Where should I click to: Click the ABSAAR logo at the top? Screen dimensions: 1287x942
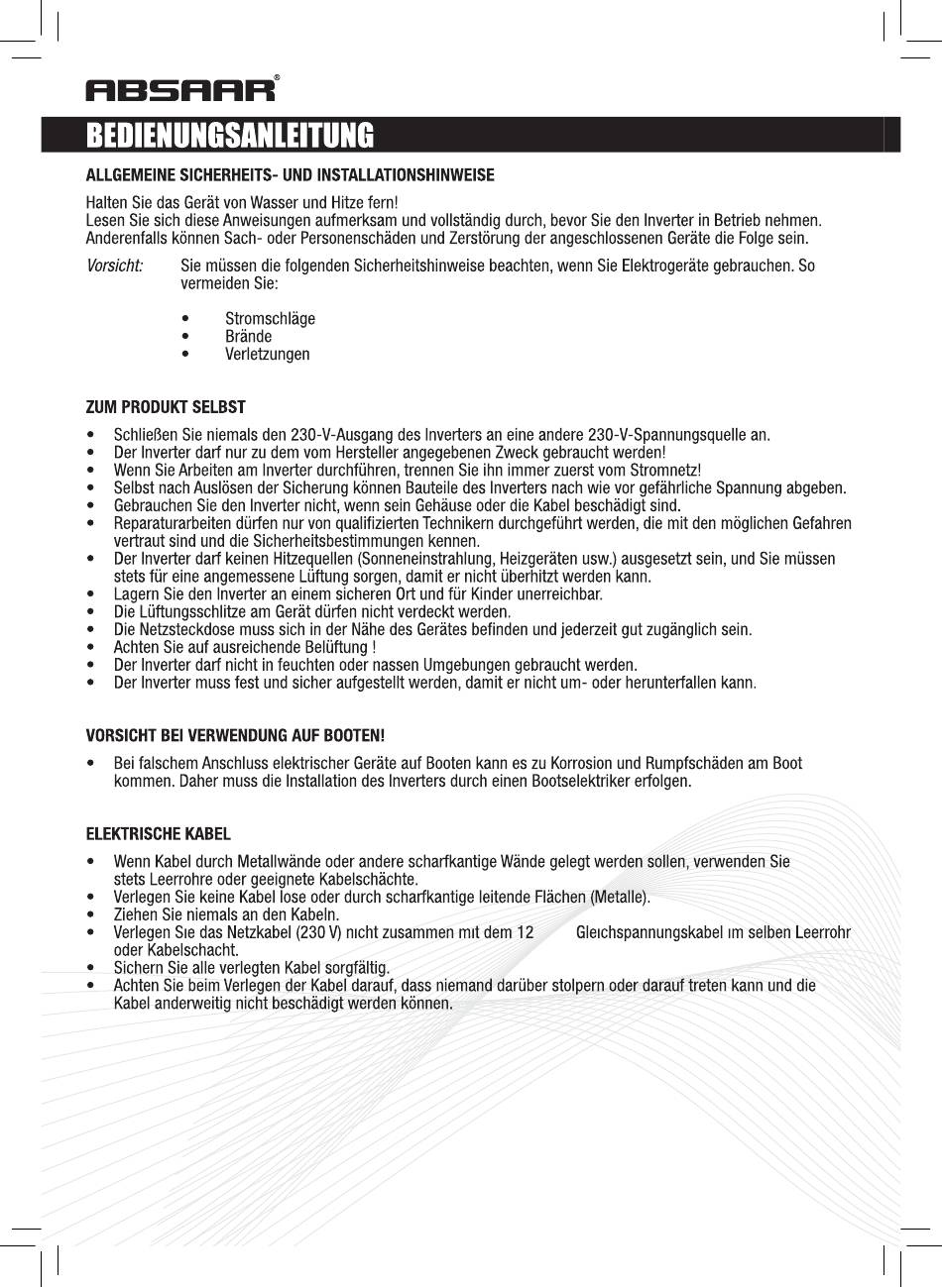click(x=181, y=90)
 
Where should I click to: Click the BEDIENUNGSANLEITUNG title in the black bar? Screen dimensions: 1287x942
click(x=230, y=135)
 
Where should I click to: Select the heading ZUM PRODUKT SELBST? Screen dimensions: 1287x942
click(x=166, y=407)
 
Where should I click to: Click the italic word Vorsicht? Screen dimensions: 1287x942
click(x=115, y=267)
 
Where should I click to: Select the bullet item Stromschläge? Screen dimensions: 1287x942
click(x=270, y=318)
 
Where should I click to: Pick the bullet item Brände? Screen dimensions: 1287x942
click(x=248, y=336)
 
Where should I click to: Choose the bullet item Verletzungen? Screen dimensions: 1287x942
click(x=267, y=354)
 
